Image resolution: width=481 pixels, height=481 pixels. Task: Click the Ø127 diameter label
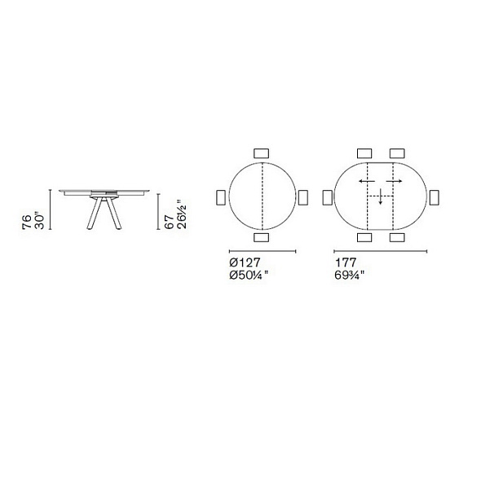coord(245,263)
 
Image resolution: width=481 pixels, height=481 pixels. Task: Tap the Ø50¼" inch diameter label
coord(248,276)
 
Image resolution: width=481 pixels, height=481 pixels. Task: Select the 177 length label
coord(346,263)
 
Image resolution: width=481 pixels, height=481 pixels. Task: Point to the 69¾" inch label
coord(349,276)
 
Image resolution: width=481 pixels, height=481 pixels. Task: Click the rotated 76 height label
coord(27,222)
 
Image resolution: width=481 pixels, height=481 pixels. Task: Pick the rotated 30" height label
coord(40,220)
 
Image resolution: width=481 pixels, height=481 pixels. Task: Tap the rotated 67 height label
coord(170,222)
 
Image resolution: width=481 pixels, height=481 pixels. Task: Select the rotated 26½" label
coord(182,214)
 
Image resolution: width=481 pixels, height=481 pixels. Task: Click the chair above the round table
coord(262,153)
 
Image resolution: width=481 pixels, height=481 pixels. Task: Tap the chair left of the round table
coord(221,197)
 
